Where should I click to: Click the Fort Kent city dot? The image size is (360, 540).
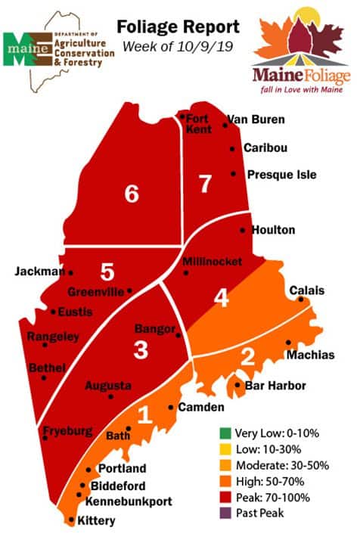coord(182,116)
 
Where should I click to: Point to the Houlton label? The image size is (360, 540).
coord(274,229)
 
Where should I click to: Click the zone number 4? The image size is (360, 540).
coord(221,298)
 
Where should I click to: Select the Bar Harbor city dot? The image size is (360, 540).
coord(237,386)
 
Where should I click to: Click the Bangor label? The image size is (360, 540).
coord(154,329)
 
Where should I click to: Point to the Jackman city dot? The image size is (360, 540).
coord(71,272)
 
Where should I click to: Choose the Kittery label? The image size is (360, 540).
coord(95,520)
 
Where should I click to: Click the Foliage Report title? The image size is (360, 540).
coord(178,28)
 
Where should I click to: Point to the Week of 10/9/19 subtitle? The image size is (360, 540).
coord(178,47)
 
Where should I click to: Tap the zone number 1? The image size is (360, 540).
coord(147,414)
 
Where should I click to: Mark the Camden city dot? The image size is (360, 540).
coord(170,408)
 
